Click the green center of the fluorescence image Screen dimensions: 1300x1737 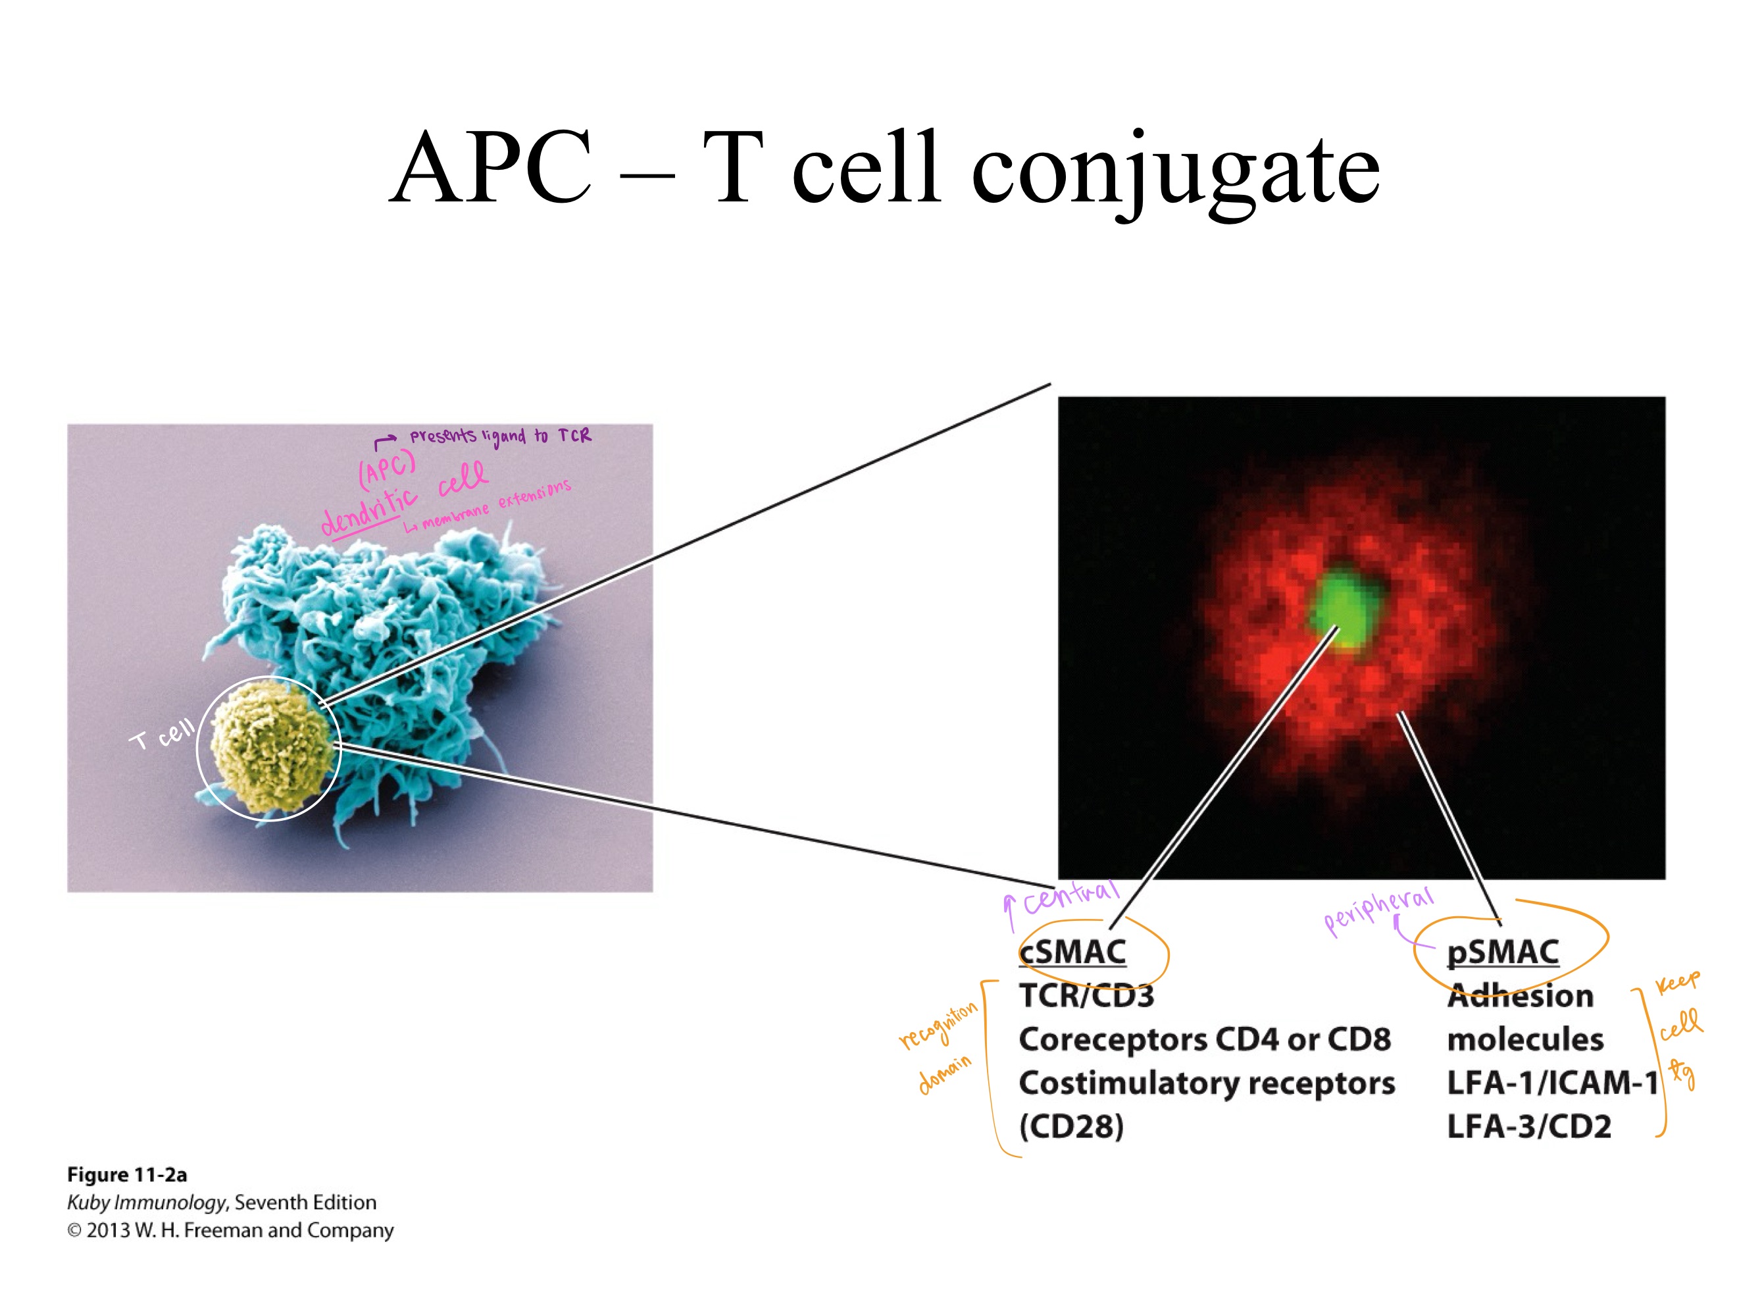coord(1344,609)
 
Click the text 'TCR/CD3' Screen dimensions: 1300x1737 coord(1086,996)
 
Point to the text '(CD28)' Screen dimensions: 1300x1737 coord(1071,1126)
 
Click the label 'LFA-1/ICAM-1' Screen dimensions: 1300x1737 coord(1551,1083)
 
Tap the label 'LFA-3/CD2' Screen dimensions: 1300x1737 coord(1528,1126)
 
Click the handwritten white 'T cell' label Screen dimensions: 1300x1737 coord(162,735)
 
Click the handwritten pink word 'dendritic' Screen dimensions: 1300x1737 coord(369,511)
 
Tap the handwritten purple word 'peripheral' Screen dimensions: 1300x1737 coord(1378,911)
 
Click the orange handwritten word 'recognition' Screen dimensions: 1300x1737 coord(938,1025)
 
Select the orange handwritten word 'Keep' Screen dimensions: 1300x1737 coord(1677,982)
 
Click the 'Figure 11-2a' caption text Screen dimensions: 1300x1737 coord(126,1174)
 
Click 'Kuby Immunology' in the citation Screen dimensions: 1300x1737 coord(146,1203)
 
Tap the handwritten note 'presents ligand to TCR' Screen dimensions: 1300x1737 coord(499,436)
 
